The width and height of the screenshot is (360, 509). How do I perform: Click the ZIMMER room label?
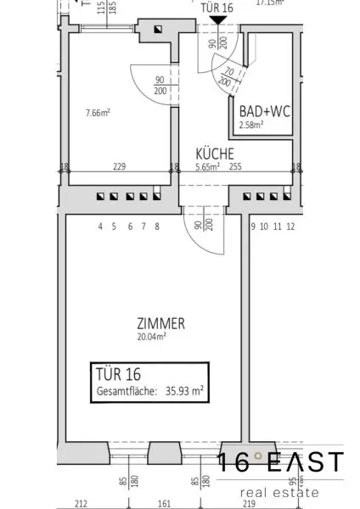click(x=160, y=323)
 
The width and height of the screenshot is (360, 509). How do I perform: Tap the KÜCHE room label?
click(x=210, y=155)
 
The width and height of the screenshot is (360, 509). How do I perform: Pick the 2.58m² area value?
click(x=250, y=124)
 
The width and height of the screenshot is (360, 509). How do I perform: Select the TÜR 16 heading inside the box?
click(x=115, y=374)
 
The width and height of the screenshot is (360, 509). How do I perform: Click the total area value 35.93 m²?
click(x=185, y=390)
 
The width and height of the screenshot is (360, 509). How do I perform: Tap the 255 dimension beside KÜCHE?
click(x=235, y=167)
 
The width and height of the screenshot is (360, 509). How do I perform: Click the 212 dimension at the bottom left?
click(x=82, y=501)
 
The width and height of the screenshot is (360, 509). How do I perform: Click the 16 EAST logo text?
click(x=281, y=463)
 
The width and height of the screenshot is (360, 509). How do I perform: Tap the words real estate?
click(x=280, y=491)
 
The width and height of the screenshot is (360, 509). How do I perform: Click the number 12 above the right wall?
click(x=290, y=227)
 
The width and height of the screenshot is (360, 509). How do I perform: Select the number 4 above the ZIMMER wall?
click(x=100, y=227)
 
